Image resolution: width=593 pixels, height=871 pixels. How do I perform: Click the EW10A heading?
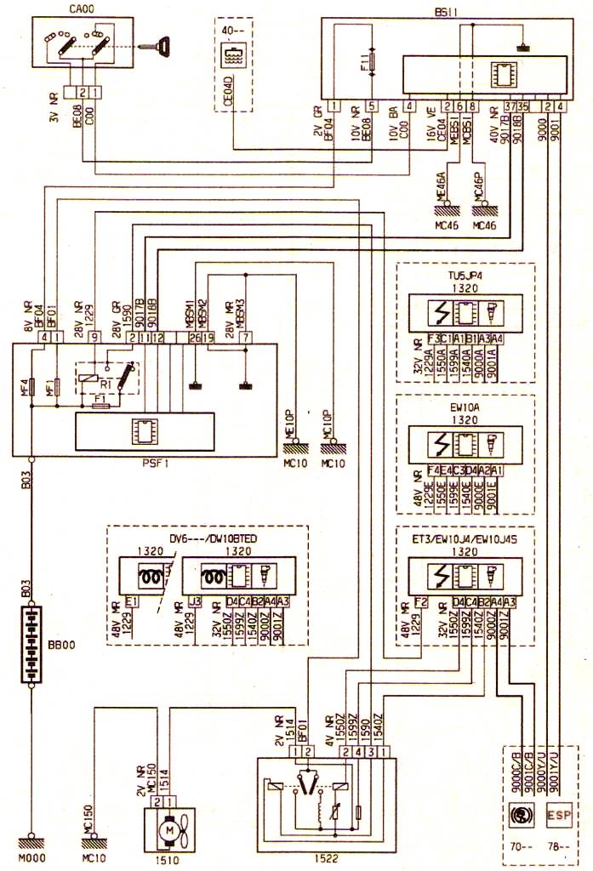pos(465,407)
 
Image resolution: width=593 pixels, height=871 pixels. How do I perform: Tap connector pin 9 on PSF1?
pos(92,338)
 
